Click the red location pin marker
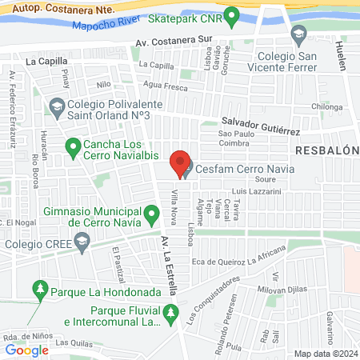click(181, 164)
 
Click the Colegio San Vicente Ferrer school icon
click(299, 33)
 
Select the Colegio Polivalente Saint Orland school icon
click(57, 106)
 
